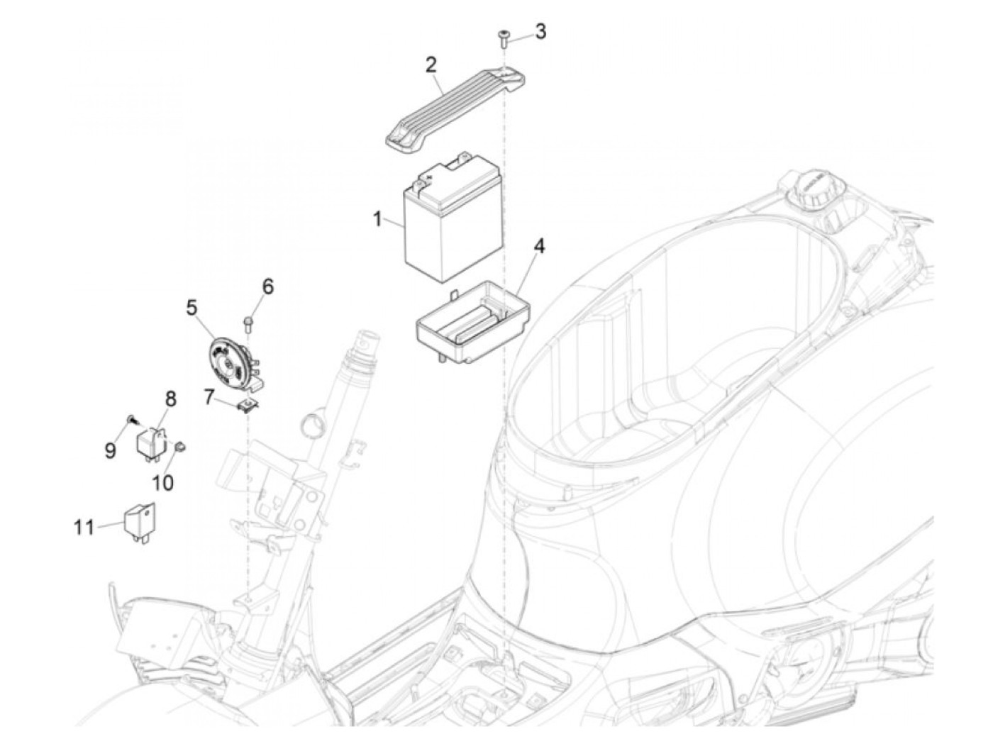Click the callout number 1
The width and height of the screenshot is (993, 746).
[378, 219]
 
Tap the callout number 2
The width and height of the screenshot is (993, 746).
[431, 66]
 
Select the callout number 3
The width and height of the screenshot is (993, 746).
[540, 31]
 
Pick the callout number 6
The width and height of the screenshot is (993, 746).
[267, 286]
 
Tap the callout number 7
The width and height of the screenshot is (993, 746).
[209, 397]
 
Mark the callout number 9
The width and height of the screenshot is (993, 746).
[111, 451]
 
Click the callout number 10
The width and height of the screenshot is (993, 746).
[162, 482]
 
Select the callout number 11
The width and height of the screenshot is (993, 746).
[84, 527]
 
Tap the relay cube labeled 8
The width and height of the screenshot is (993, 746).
[151, 442]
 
